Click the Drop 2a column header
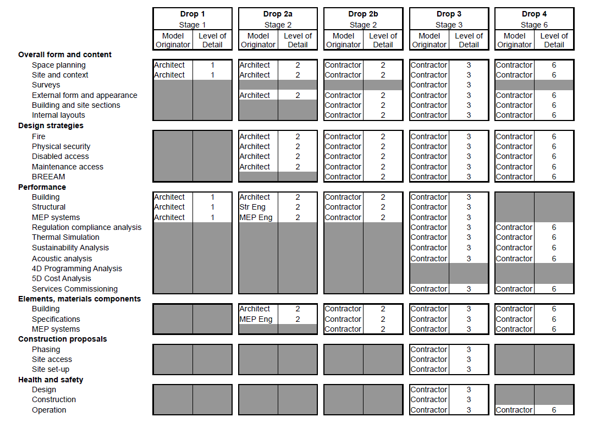[278, 14]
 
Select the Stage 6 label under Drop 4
[534, 25]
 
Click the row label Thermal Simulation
[65, 238]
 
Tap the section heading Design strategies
[51, 126]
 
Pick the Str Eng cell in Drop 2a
[252, 207]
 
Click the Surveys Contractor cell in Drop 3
[429, 85]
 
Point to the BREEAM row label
[48, 177]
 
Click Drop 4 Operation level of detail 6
[554, 410]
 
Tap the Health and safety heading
[51, 380]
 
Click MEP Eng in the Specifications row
[256, 320]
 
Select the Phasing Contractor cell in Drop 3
[429, 350]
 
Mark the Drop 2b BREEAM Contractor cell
[343, 177]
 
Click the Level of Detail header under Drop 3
[469, 41]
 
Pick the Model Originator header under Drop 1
[173, 41]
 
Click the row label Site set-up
[51, 370]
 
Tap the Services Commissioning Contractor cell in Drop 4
[514, 289]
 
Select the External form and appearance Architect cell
[255, 96]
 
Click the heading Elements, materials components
[79, 299]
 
